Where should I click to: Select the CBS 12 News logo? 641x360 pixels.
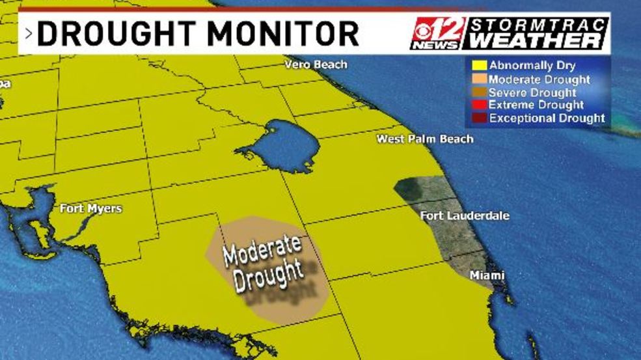click(437, 34)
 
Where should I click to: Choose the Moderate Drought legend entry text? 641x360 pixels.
click(539, 79)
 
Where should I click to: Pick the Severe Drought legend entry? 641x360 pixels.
click(532, 92)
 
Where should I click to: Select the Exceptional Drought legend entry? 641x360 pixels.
click(547, 118)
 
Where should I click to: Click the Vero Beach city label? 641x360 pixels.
click(316, 65)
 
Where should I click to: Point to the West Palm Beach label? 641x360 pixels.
click(425, 139)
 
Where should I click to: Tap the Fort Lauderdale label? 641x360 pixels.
click(465, 216)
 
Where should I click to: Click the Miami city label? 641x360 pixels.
click(487, 276)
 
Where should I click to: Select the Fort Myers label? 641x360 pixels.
click(90, 209)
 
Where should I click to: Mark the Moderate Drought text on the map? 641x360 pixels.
click(264, 262)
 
